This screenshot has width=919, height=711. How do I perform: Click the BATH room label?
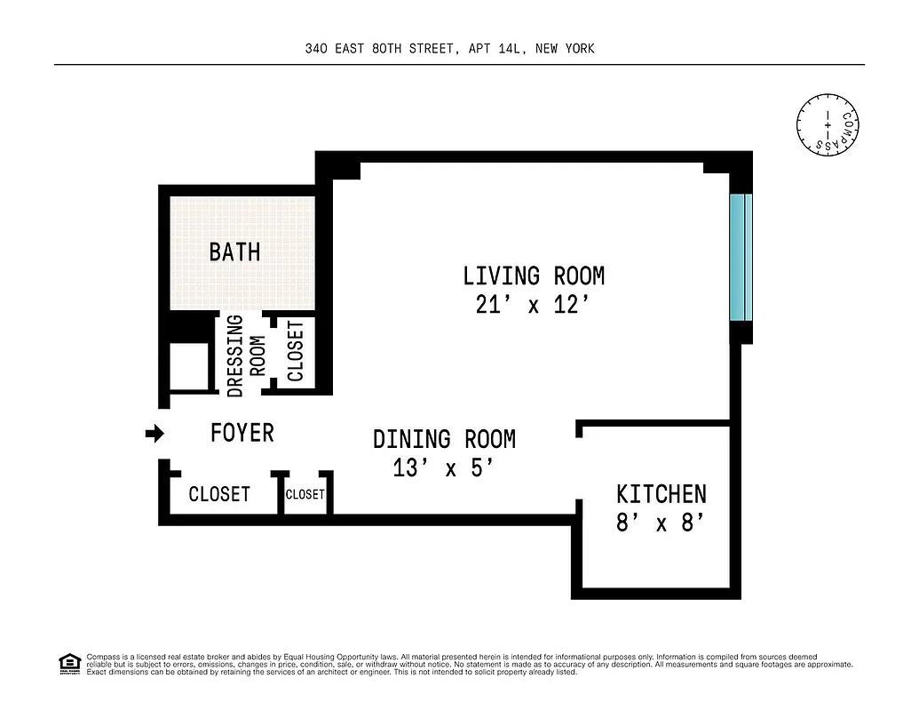point(234,252)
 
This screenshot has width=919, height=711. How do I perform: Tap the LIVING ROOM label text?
point(534,276)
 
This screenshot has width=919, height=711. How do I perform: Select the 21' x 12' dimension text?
point(534,305)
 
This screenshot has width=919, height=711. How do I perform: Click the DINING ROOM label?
point(444,439)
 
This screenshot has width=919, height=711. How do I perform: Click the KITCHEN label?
point(662,494)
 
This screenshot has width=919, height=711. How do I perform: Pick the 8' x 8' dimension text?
point(662,523)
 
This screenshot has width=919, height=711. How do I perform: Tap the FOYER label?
point(242,433)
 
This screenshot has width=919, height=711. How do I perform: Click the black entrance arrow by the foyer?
point(155,434)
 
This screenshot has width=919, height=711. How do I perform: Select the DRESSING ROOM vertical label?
point(246,355)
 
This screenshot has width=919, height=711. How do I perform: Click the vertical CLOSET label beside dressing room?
point(296,350)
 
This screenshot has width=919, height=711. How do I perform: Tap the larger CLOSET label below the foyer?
point(219,494)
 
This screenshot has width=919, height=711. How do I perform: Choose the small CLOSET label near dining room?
point(305,494)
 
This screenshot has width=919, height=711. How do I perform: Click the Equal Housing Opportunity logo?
point(68,663)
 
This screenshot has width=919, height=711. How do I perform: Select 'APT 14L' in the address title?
point(495,49)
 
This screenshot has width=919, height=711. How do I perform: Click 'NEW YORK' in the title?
point(566,49)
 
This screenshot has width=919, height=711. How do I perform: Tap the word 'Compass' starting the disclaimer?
point(100,657)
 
